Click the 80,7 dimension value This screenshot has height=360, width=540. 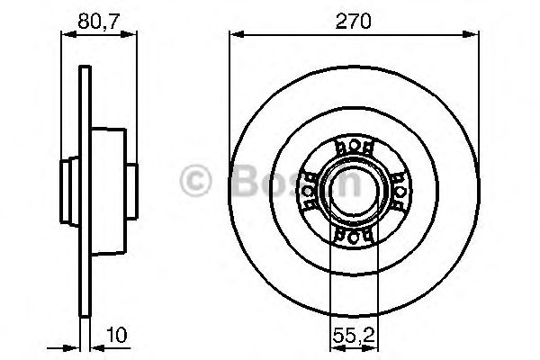[x=94, y=16]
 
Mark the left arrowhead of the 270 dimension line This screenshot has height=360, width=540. [x=235, y=33]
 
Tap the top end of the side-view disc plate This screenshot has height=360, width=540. [x=84, y=70]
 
